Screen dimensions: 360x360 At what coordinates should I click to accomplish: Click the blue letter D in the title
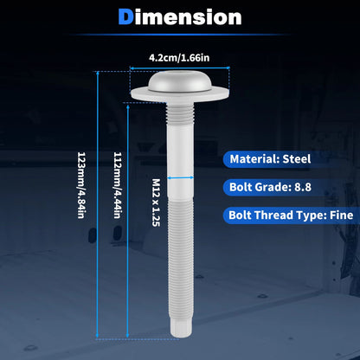[125, 17]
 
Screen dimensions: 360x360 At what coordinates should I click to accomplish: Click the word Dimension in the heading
[180, 17]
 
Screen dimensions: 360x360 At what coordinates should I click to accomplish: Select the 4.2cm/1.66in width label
[179, 58]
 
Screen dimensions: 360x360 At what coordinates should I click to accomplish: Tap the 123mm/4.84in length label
[82, 185]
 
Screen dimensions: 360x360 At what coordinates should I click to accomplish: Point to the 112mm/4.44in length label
[119, 185]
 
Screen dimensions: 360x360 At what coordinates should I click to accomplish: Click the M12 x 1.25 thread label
[156, 202]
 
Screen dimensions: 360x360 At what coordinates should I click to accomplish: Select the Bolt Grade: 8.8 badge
[267, 187]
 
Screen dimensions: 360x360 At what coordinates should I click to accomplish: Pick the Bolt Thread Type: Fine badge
[292, 215]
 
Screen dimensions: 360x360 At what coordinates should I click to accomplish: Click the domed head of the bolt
[180, 81]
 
